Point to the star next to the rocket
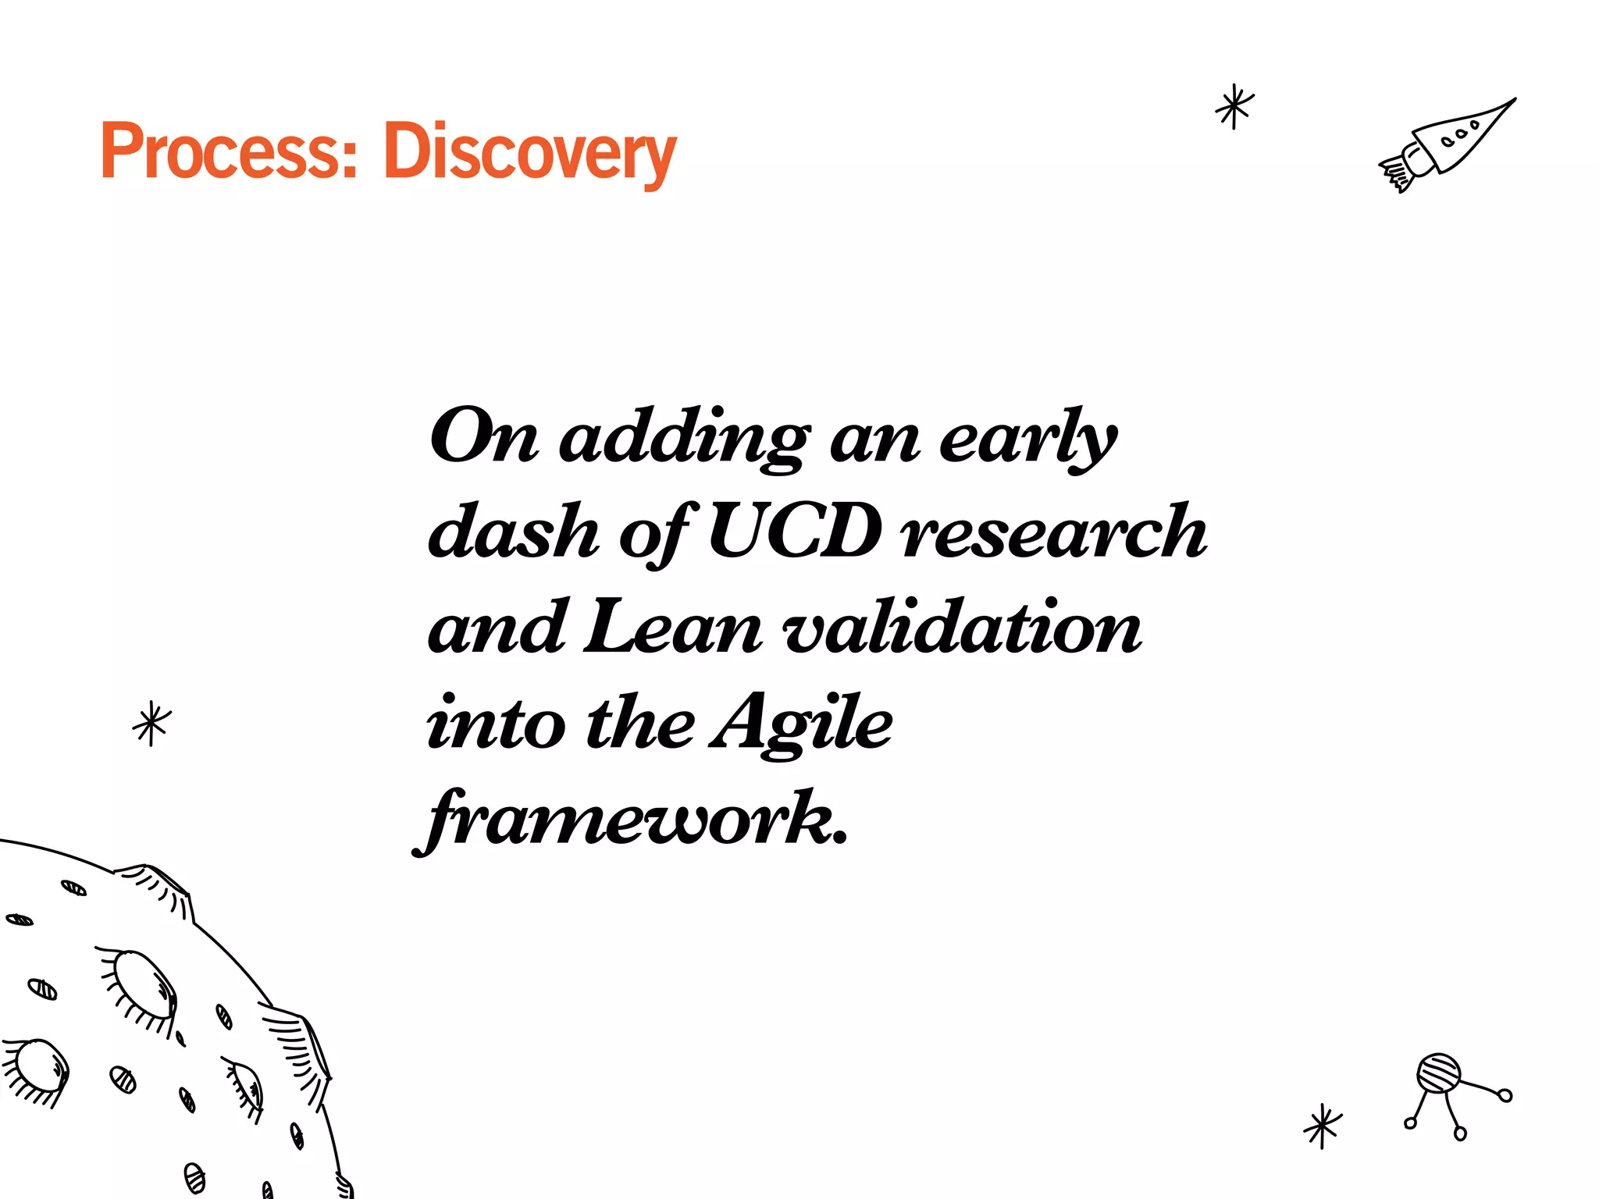coord(1234,107)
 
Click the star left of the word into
coord(151,724)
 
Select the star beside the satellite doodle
coord(1323,1126)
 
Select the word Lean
coord(672,628)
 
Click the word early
coord(1027,438)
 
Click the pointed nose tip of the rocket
coord(1512,101)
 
